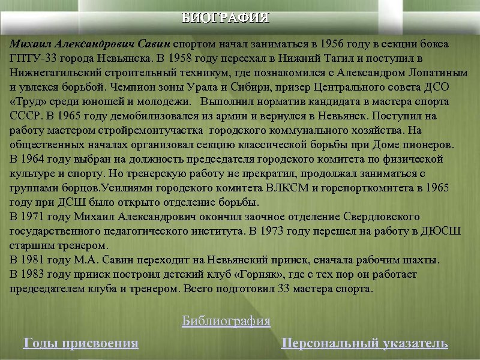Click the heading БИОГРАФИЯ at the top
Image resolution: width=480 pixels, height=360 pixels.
pos(226,17)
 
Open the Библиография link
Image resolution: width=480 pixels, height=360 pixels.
pos(226,322)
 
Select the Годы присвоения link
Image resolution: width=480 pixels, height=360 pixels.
pos(80,344)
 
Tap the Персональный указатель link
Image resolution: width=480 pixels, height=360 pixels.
pos(364,344)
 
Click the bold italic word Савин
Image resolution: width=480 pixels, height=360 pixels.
pos(155,44)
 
